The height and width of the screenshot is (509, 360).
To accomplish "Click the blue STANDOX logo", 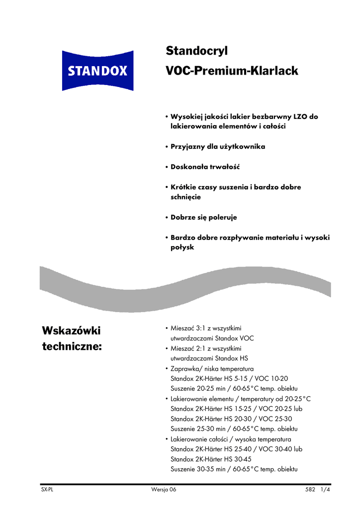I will point(97,71).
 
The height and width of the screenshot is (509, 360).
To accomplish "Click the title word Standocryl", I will point(196,51).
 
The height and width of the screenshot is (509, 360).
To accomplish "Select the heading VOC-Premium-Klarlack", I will point(231,71).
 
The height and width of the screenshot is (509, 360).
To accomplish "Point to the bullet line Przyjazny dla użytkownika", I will point(218,147).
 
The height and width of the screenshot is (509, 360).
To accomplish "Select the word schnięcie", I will point(182,197).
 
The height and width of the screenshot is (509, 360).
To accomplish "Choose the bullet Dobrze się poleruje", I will point(204,217).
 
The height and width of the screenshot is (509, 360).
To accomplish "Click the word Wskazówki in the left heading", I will point(72,330).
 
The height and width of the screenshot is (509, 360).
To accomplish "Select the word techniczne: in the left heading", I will point(72,346).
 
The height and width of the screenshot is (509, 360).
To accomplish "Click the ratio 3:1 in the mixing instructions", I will point(198,328).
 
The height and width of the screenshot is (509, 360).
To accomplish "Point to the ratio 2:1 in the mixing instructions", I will point(198,348).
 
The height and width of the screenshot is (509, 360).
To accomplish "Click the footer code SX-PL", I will point(47,490).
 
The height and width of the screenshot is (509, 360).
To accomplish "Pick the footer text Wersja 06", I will point(163,490).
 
